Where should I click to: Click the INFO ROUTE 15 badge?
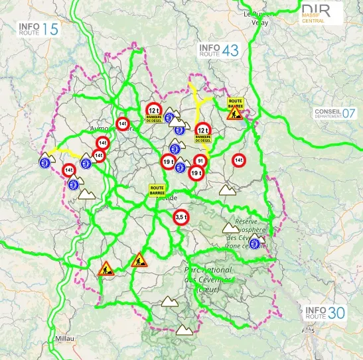[38, 29]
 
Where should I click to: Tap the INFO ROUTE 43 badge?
[219, 50]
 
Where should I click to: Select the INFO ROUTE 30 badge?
[325, 313]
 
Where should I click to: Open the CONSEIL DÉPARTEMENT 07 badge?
[335, 113]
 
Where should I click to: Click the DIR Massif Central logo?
[321, 13]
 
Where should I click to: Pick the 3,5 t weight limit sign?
[181, 217]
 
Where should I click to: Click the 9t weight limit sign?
[200, 160]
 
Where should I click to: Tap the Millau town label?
[66, 338]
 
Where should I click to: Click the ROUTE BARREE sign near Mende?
[157, 190]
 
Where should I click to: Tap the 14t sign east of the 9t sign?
[240, 160]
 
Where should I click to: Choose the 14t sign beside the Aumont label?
[122, 124]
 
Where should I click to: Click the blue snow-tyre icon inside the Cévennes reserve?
[255, 244]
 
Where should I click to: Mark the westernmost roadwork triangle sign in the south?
[106, 269]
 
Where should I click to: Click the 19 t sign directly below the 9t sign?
[196, 174]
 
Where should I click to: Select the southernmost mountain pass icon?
[184, 330]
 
